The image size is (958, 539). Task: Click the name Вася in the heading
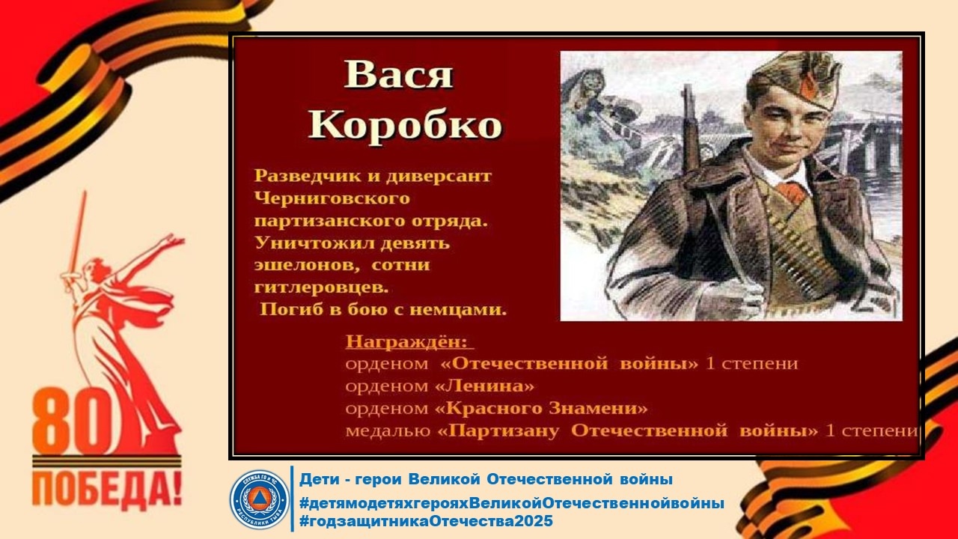point(398,74)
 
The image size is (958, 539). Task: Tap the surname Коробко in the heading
point(405,124)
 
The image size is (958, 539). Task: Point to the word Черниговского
point(332,198)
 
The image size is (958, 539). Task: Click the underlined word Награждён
point(409,342)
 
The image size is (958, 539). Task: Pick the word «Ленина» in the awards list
point(484,386)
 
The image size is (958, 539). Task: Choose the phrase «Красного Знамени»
point(541,408)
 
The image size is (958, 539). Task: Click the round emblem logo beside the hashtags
point(259,499)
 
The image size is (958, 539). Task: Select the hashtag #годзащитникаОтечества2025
point(426,521)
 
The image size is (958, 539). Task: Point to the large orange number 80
point(73,422)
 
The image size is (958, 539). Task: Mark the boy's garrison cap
point(795,82)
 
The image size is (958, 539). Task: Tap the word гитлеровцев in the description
point(322,287)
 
